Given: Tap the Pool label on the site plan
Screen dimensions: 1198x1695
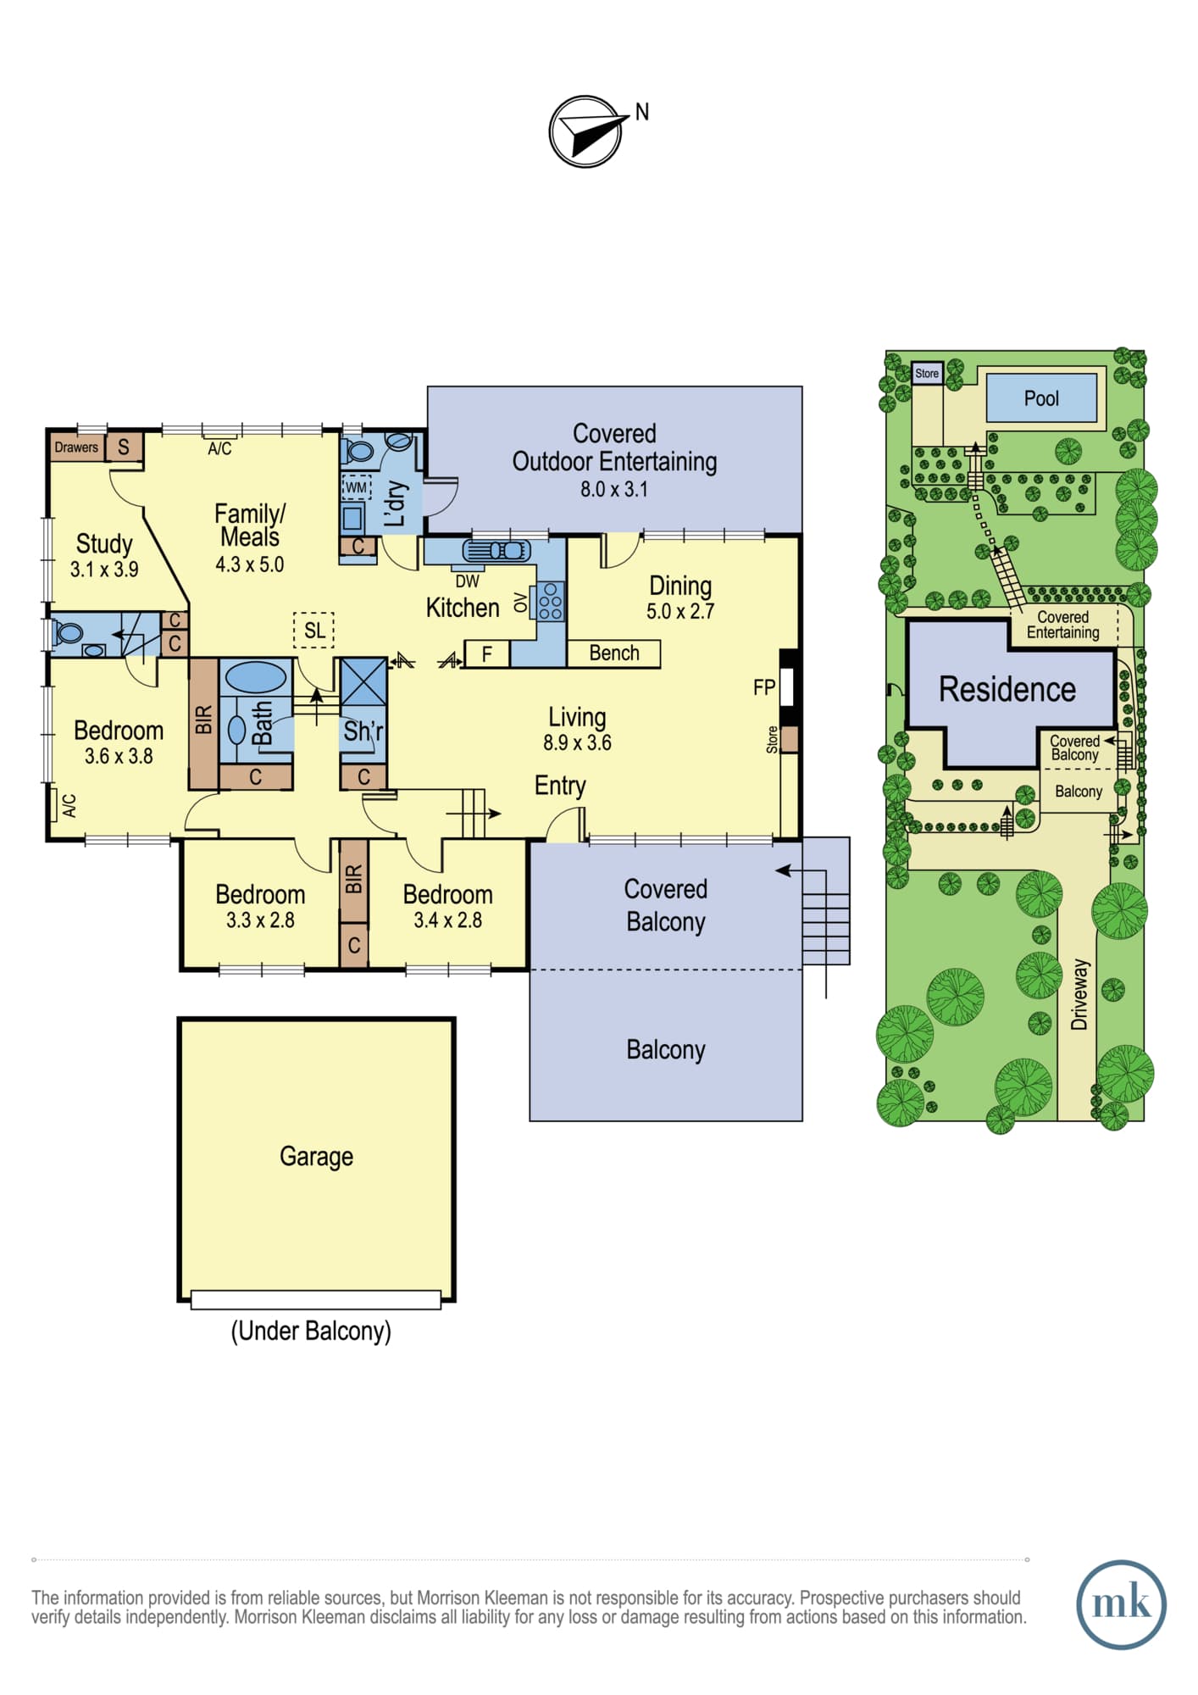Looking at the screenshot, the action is point(1041,398).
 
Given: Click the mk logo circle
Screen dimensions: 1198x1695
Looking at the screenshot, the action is point(1121,1604).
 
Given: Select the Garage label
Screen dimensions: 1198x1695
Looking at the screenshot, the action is point(316,1157).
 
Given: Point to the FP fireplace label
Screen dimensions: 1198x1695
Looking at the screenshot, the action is point(764,687).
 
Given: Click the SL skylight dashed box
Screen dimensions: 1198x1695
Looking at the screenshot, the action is point(314,630).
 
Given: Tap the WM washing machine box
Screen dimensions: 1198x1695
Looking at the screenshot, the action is point(356,487).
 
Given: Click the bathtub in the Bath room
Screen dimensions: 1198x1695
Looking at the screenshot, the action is point(255,678).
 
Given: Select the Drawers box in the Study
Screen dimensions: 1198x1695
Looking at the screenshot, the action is point(76,447).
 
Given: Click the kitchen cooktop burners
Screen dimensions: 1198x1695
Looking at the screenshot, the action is point(550,602).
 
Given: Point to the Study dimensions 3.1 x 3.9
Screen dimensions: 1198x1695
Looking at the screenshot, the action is point(104,570).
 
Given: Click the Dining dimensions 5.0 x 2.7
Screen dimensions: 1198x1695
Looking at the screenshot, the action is point(680,611).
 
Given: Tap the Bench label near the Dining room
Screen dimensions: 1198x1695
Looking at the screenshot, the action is point(614,653).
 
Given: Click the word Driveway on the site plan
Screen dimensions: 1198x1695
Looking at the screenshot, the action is point(1079,994).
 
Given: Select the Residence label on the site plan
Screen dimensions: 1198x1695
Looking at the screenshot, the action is point(1007,689).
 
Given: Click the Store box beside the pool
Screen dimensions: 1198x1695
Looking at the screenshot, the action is point(927,373).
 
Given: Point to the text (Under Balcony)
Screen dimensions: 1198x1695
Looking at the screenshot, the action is point(311,1331).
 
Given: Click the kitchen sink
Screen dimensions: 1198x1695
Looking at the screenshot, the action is point(496,551).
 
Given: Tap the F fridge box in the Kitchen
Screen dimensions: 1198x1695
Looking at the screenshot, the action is point(486,653).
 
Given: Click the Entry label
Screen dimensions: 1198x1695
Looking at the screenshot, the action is point(560,786).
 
